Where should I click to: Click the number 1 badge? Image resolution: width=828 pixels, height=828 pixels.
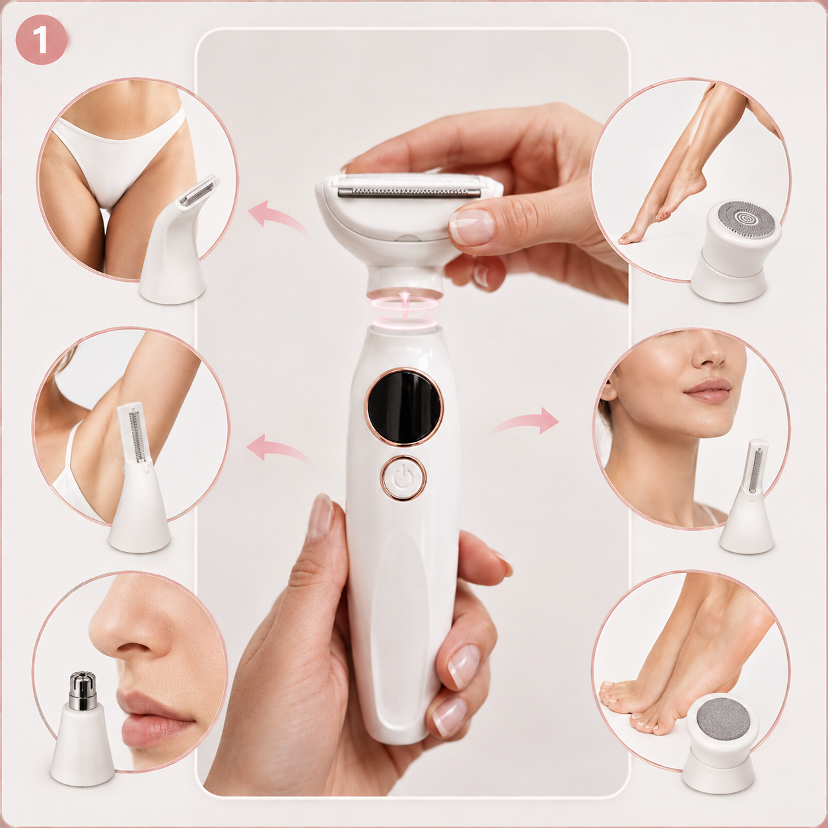tap(41, 40)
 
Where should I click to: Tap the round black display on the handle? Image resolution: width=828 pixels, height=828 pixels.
tap(404, 407)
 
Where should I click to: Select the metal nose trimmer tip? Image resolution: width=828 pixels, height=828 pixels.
tap(83, 690)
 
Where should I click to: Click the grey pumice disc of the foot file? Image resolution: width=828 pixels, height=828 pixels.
tap(723, 718)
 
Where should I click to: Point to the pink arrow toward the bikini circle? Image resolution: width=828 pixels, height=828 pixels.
tap(279, 219)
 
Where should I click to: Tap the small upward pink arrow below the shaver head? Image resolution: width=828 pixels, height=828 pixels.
tap(404, 305)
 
